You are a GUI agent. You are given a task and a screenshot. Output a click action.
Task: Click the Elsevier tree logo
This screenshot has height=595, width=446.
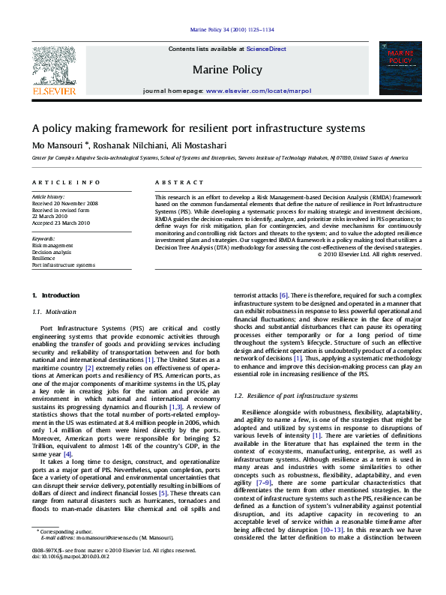pyautogui.click(x=53, y=64)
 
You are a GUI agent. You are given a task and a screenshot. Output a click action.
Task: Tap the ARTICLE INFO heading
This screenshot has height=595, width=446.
pyautogui.click(x=66, y=182)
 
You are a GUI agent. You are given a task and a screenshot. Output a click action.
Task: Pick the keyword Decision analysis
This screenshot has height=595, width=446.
pyautogui.click(x=51, y=252)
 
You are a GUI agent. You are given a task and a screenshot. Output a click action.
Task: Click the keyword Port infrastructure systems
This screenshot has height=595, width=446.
pyautogui.click(x=63, y=265)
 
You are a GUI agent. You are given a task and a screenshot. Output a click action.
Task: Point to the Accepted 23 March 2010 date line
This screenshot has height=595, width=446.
pyautogui.click(x=61, y=223)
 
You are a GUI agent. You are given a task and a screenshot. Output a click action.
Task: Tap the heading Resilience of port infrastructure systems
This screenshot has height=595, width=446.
pyautogui.click(x=295, y=395)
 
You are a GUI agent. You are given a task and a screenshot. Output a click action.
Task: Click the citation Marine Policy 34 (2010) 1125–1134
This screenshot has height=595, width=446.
pyautogui.click(x=232, y=29)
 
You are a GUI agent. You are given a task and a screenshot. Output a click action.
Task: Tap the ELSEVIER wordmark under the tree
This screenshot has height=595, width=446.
pyautogui.click(x=53, y=91)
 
